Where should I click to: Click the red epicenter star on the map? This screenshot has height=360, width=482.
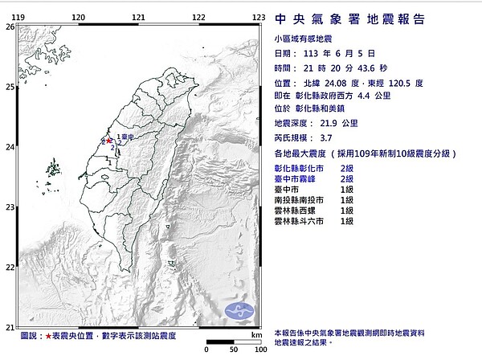pyautogui.click(x=109, y=140)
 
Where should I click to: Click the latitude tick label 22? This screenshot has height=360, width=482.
pyautogui.click(x=10, y=267)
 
